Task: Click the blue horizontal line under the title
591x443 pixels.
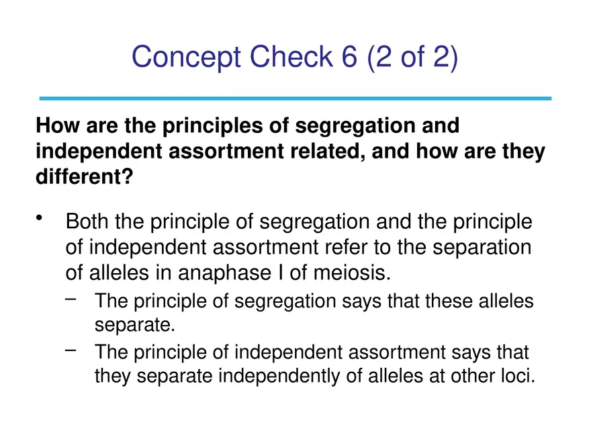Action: (295, 99)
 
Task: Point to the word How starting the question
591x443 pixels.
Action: (53, 126)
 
